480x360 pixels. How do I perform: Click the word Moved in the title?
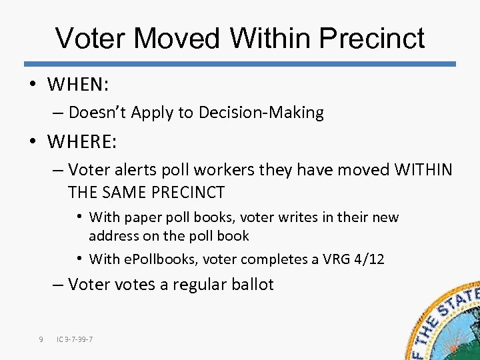pyautogui.click(x=176, y=39)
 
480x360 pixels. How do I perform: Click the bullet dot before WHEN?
pyautogui.click(x=33, y=85)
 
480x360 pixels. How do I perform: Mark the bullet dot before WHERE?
pyautogui.click(x=33, y=142)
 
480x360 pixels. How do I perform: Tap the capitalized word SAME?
pyautogui.click(x=122, y=193)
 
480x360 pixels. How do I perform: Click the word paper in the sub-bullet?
pyautogui.click(x=139, y=217)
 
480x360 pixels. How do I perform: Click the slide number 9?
pyautogui.click(x=41, y=340)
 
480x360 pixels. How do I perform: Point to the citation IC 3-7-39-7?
pyautogui.click(x=75, y=340)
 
